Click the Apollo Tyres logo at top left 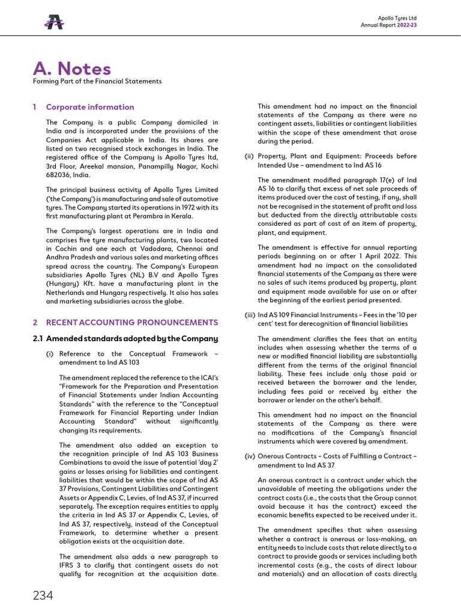pos(54,22)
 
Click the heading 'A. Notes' pos(72,68)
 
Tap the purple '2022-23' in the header pos(406,25)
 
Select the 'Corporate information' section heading pos(90,107)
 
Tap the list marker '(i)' pos(50,354)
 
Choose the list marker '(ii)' pos(249,156)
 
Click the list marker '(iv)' pos(250,456)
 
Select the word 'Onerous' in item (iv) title pos(274,456)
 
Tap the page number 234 pos(43,595)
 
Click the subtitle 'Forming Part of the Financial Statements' pos(97,81)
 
